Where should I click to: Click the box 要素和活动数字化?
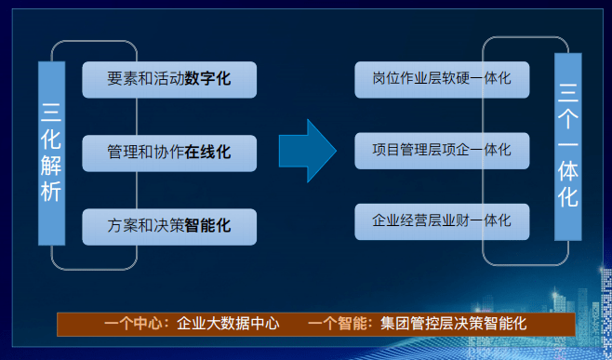(x=169, y=79)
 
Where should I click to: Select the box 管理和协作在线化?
(x=169, y=152)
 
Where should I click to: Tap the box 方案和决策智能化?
(x=169, y=225)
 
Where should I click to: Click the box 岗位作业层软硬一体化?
(x=442, y=79)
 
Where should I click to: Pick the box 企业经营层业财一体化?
(x=442, y=221)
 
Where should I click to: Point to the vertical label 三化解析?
(x=51, y=153)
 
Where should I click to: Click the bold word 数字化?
(x=207, y=79)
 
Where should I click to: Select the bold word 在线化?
(x=207, y=152)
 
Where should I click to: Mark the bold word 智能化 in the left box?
(x=207, y=225)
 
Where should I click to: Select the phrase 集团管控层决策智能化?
(x=453, y=325)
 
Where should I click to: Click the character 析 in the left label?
(x=51, y=193)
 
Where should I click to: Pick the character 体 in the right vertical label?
(x=567, y=173)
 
